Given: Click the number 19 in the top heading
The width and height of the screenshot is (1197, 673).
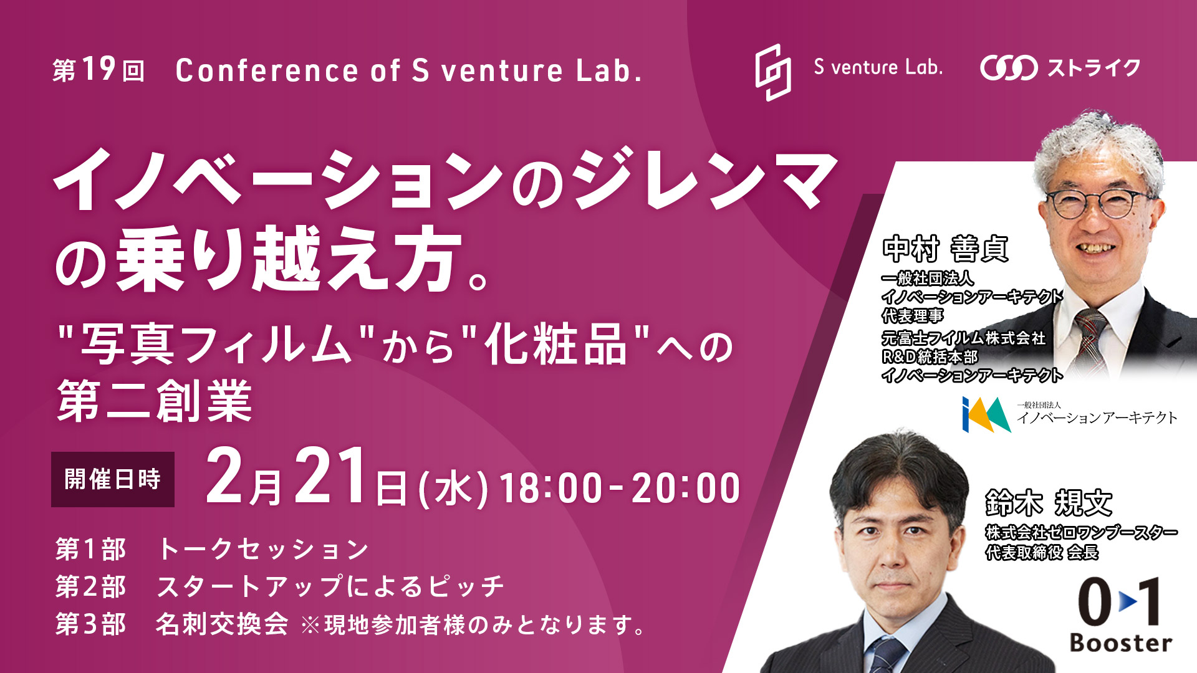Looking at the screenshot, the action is coord(99,69).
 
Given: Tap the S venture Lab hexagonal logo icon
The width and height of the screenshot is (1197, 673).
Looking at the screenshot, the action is coord(773,72).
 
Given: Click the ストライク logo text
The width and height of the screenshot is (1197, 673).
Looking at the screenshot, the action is coord(1094,67).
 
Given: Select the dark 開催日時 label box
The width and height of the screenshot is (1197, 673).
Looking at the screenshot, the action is coord(113,479).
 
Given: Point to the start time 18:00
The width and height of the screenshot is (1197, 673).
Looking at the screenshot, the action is coord(551,488).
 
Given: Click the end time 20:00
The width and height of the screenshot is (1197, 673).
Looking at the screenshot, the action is coord(686,488).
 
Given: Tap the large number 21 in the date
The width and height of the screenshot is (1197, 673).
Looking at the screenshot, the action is coord(330,476).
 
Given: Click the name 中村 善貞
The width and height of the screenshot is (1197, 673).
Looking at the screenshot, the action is coord(945,249).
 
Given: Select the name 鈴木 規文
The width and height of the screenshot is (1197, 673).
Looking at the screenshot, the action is coord(1049,503).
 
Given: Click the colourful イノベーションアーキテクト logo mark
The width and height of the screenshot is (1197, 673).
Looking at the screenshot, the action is coord(986,415).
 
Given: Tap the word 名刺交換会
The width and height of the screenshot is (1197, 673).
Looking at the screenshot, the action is coord(222,624).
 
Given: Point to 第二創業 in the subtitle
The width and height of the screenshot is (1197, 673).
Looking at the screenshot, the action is coord(155,401).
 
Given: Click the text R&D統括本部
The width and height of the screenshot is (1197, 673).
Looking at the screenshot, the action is coord(930,357).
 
